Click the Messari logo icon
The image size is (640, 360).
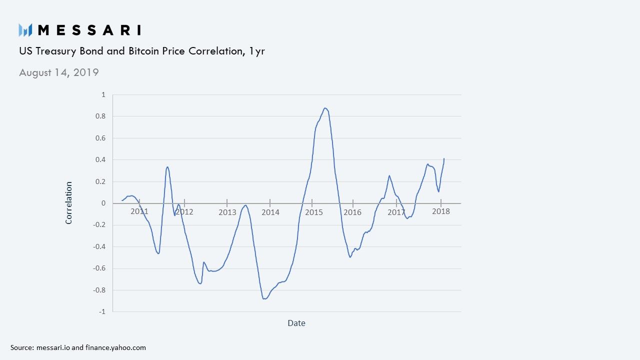point(25,30)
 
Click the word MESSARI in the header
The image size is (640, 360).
point(89,30)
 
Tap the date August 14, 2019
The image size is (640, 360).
point(59,72)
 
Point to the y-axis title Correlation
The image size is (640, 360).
point(69,202)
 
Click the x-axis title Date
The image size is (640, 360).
point(296,323)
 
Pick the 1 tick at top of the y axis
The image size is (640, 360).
point(103,94)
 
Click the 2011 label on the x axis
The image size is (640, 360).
point(139,211)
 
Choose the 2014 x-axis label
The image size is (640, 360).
point(270,212)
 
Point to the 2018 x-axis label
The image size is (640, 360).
point(441,211)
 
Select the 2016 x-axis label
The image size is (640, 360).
point(352,212)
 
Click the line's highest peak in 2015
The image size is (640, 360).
point(325,108)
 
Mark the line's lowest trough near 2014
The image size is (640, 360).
point(264,298)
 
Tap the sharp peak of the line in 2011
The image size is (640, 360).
point(167,167)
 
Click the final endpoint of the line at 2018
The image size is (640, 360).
point(444,158)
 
